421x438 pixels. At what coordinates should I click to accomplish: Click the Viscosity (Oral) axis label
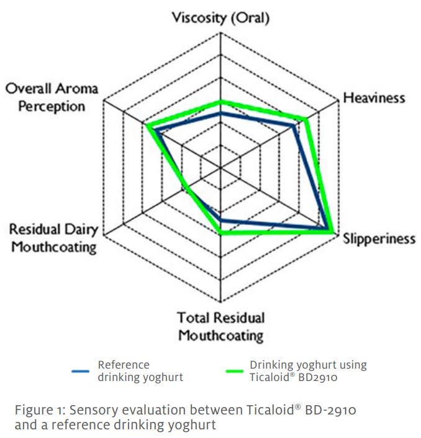point(220,17)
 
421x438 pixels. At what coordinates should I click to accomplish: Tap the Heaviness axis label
point(374,98)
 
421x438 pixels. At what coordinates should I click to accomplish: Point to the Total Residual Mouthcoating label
point(221,326)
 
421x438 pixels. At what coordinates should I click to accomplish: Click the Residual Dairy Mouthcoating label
point(53,239)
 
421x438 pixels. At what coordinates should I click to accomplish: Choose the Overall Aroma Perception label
point(52,97)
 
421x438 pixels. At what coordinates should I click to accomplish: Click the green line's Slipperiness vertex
point(334,232)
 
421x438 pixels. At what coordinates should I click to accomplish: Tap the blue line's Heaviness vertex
point(294,126)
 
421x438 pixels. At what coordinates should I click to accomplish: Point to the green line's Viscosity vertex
point(220,101)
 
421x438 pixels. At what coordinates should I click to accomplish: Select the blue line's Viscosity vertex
point(220,114)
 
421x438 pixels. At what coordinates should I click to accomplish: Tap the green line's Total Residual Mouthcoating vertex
point(220,233)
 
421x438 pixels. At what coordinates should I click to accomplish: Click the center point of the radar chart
point(220,167)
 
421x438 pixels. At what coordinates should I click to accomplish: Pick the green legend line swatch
point(231,371)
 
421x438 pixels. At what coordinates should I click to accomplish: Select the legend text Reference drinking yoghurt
point(140,371)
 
